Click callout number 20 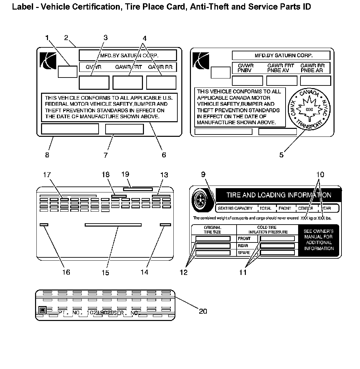pos(203,311)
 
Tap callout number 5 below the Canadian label pos(281,155)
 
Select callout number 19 pos(125,174)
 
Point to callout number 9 pos(203,174)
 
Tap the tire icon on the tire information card pos(201,200)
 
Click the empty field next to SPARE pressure pos(277,253)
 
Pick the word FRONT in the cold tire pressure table pos(244,238)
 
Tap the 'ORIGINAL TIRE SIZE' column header pos(212,230)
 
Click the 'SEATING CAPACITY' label pos(235,208)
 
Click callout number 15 pos(105,273)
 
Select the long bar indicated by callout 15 pos(113,225)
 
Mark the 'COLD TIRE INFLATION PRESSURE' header pos(268,230)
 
